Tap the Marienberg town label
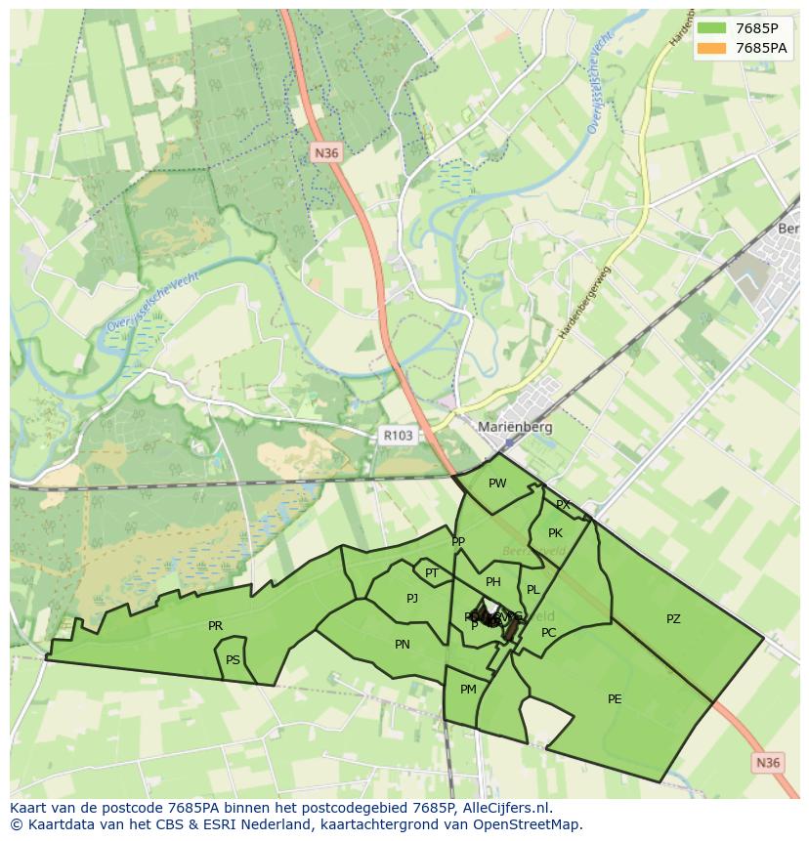click(x=515, y=427)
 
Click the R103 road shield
click(x=397, y=436)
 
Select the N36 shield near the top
click(x=326, y=152)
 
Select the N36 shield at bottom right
click(x=769, y=763)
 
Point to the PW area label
click(x=497, y=484)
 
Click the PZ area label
click(x=673, y=619)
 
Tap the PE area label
click(x=615, y=698)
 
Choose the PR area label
click(x=215, y=626)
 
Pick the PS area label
click(x=233, y=660)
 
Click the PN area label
click(x=403, y=645)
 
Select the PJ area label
click(x=412, y=599)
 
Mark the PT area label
click(x=432, y=573)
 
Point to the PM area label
click(x=468, y=690)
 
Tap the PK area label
click(x=555, y=533)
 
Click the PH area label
click(x=493, y=582)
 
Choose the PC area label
click(x=548, y=633)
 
